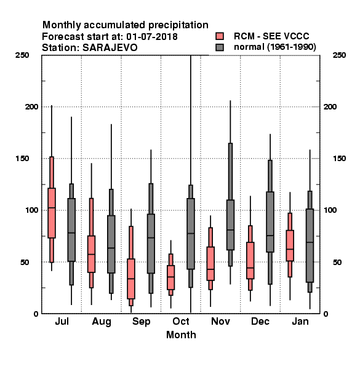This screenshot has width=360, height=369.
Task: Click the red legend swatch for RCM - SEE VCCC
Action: click(x=220, y=36)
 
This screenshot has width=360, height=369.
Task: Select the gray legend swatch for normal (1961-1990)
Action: click(x=220, y=47)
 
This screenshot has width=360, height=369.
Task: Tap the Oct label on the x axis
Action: click(x=181, y=322)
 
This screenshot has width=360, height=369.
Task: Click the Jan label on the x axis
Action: click(x=300, y=322)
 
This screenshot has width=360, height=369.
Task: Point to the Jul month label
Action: click(x=62, y=322)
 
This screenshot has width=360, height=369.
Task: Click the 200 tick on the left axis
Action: click(x=32, y=107)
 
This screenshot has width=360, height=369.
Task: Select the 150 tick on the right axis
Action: click(x=339, y=159)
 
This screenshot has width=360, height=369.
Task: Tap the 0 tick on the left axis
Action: click(x=36, y=314)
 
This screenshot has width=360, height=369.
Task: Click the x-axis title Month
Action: click(x=181, y=335)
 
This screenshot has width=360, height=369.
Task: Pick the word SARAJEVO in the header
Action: click(x=110, y=48)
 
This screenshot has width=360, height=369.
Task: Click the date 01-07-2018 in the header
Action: click(x=152, y=37)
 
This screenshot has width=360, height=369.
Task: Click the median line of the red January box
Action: click(x=290, y=249)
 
